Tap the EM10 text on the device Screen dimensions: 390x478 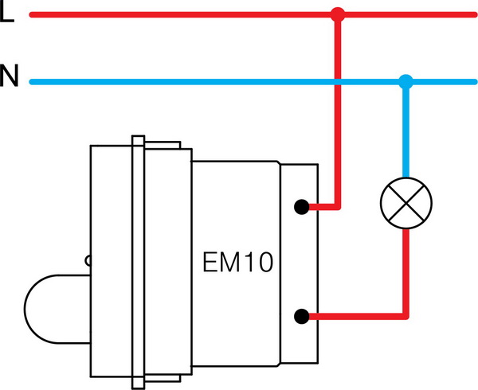pos(237,263)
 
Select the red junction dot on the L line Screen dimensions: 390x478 pos(338,14)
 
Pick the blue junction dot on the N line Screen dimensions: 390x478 pos(406,80)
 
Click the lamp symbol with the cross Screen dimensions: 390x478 pos(406,203)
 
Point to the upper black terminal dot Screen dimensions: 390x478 pos(301,209)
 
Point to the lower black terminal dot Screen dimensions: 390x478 pos(301,317)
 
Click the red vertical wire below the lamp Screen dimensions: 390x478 pos(406,271)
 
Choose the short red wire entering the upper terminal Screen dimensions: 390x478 pos(323,209)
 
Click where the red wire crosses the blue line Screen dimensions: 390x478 pos(338,80)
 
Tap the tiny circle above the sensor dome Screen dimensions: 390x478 pos(88,260)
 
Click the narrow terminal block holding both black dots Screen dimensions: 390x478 pos(300,263)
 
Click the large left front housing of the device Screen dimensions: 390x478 pos(110,239)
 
